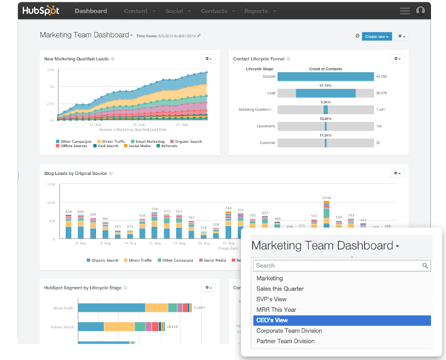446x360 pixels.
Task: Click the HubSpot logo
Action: tap(40, 11)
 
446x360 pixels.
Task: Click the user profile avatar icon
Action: tap(421, 11)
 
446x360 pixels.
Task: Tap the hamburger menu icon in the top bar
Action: tap(404, 11)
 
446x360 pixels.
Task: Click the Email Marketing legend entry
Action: tap(150, 142)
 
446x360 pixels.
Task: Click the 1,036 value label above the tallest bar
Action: tap(327, 198)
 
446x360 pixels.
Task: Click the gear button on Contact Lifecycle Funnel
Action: tap(397, 58)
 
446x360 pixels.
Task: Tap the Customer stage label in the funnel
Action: tap(268, 143)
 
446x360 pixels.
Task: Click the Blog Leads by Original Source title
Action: tap(75, 174)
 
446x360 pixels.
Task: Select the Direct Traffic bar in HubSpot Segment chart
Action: tap(112, 308)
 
